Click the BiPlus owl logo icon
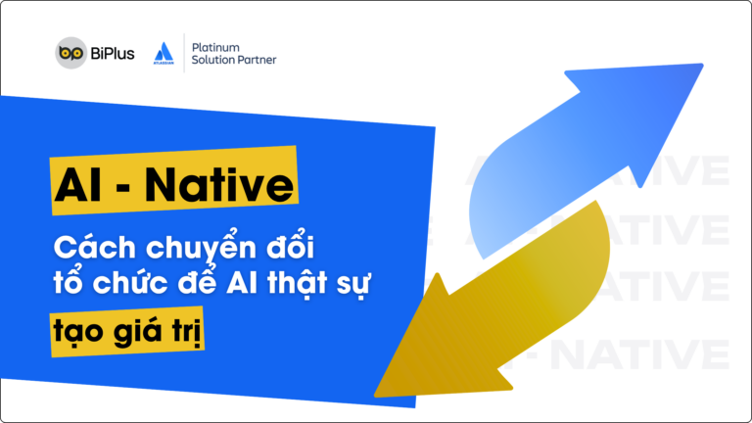[70, 53]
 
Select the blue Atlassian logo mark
[165, 51]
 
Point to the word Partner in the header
[255, 60]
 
